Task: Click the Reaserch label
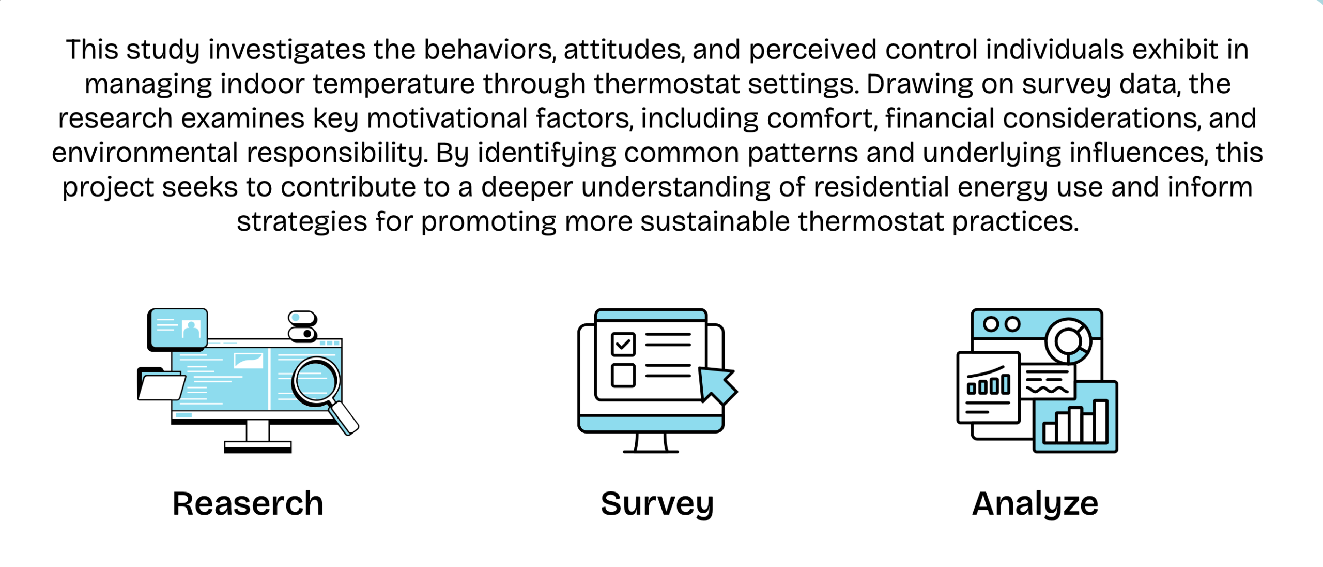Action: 248,503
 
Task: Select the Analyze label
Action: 1035,504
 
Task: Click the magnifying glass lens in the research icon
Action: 315,381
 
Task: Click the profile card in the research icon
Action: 178,329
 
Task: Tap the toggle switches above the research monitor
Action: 302,326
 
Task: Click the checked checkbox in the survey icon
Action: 623,344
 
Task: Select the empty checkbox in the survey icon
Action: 623,375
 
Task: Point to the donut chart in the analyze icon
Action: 1068,341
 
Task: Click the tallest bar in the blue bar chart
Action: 1100,421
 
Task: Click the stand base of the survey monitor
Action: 651,452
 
